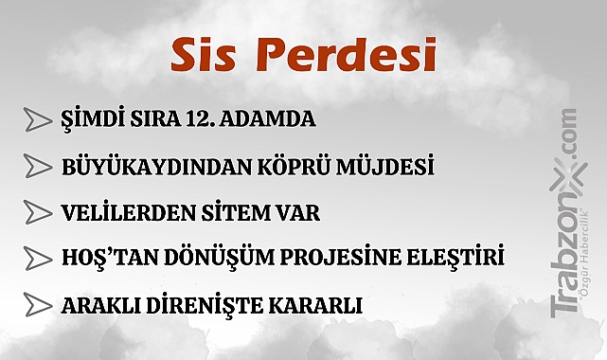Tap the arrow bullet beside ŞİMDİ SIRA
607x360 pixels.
[36, 120]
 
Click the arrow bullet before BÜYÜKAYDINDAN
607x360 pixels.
[36, 167]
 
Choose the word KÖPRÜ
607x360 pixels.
[293, 167]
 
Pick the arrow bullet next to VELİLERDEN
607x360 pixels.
[36, 213]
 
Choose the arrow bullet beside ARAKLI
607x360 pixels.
[36, 305]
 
